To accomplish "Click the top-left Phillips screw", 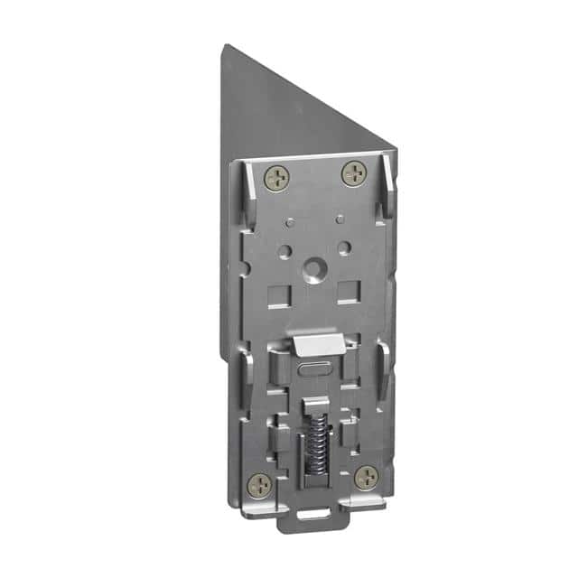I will [277, 178].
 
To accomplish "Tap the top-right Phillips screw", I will [352, 172].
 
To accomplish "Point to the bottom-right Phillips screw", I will [366, 477].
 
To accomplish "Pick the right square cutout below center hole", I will [346, 290].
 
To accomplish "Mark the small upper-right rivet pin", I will [340, 218].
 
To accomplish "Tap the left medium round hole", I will [284, 250].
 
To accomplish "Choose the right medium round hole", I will [344, 247].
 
